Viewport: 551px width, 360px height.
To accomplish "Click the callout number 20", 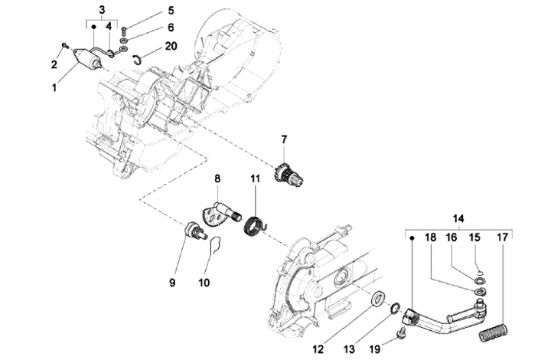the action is pyautogui.click(x=171, y=46).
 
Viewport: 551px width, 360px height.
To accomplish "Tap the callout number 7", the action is pyautogui.click(x=284, y=139).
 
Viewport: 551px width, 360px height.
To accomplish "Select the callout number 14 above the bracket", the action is pyautogui.click(x=458, y=218).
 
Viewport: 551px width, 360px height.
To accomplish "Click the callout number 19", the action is pyautogui.click(x=375, y=349).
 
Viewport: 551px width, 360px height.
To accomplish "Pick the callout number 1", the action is pyautogui.click(x=54, y=87).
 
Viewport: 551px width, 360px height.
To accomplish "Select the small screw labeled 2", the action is pyautogui.click(x=64, y=45).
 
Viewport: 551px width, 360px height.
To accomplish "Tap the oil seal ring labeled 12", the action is pyautogui.click(x=379, y=298).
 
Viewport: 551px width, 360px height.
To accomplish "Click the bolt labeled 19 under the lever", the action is pyautogui.click(x=401, y=332).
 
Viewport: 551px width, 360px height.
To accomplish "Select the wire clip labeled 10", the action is pyautogui.click(x=215, y=245).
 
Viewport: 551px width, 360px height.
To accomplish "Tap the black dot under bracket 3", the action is pyautogui.click(x=93, y=27).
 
